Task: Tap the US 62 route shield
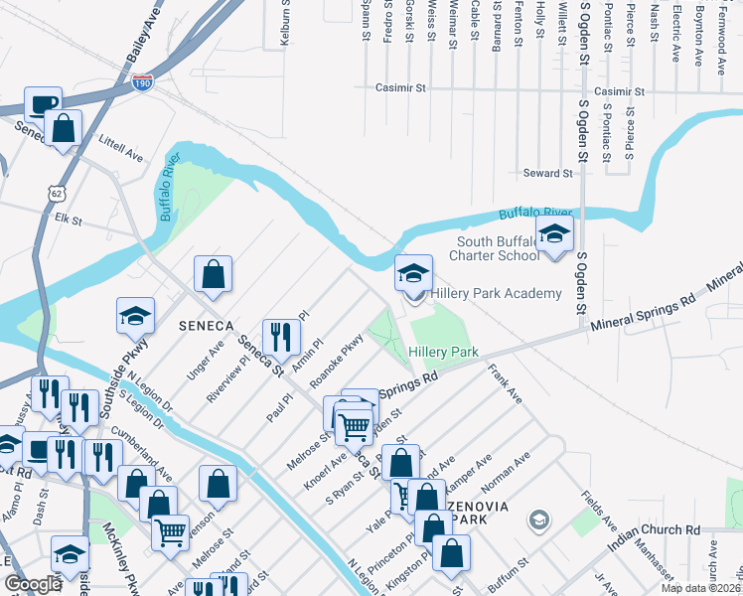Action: [x=55, y=190]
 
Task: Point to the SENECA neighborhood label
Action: [x=205, y=326]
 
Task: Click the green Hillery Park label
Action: [x=443, y=352]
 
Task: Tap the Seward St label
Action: [x=547, y=173]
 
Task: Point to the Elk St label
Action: [x=68, y=217]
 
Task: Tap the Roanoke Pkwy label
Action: [x=336, y=363]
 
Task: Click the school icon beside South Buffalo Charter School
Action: [x=555, y=236]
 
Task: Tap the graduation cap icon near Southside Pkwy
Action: [x=135, y=315]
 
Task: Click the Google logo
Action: [x=33, y=584]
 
